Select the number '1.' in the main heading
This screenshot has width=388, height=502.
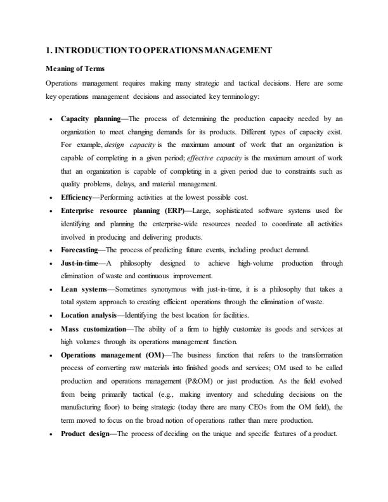[x=50, y=50]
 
